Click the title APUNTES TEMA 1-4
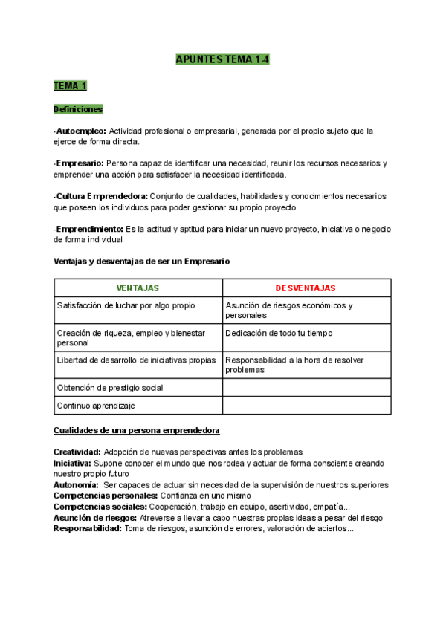[x=222, y=59]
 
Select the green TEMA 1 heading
[x=70, y=86]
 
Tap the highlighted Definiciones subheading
[x=78, y=109]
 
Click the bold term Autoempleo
[x=81, y=131]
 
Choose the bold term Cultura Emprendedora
[x=101, y=196]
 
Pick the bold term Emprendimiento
[x=89, y=229]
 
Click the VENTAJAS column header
[x=138, y=288]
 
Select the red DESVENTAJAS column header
[x=306, y=288]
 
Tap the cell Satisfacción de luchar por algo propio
[x=126, y=305]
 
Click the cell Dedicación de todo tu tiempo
[x=279, y=333]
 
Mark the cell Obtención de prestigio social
[x=110, y=388]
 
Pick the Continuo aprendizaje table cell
[x=96, y=406]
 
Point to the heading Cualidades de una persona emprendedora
[x=136, y=432]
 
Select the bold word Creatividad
[x=77, y=452]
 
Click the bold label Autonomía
[x=76, y=484]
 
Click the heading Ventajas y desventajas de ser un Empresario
[x=142, y=262]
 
